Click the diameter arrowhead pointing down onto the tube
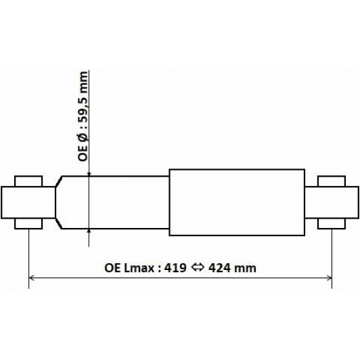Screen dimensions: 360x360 [x=89, y=173]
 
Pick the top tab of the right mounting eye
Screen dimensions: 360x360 [x=332, y=180]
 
